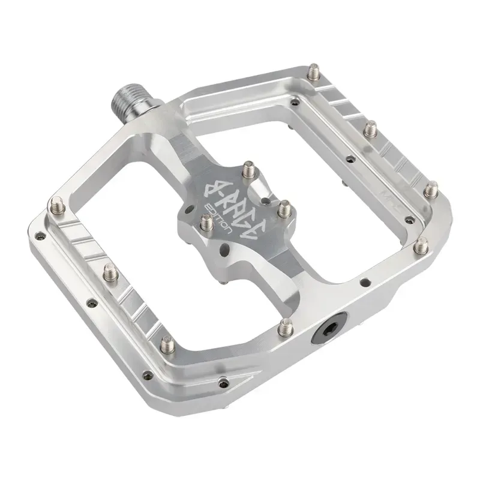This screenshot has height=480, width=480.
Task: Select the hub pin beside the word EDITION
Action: (x=204, y=224)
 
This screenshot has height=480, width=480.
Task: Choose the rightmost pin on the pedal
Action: (x=431, y=191)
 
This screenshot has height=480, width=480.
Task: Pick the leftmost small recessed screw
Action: (x=37, y=235)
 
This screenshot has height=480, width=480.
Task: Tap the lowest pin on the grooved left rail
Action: (x=166, y=344)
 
